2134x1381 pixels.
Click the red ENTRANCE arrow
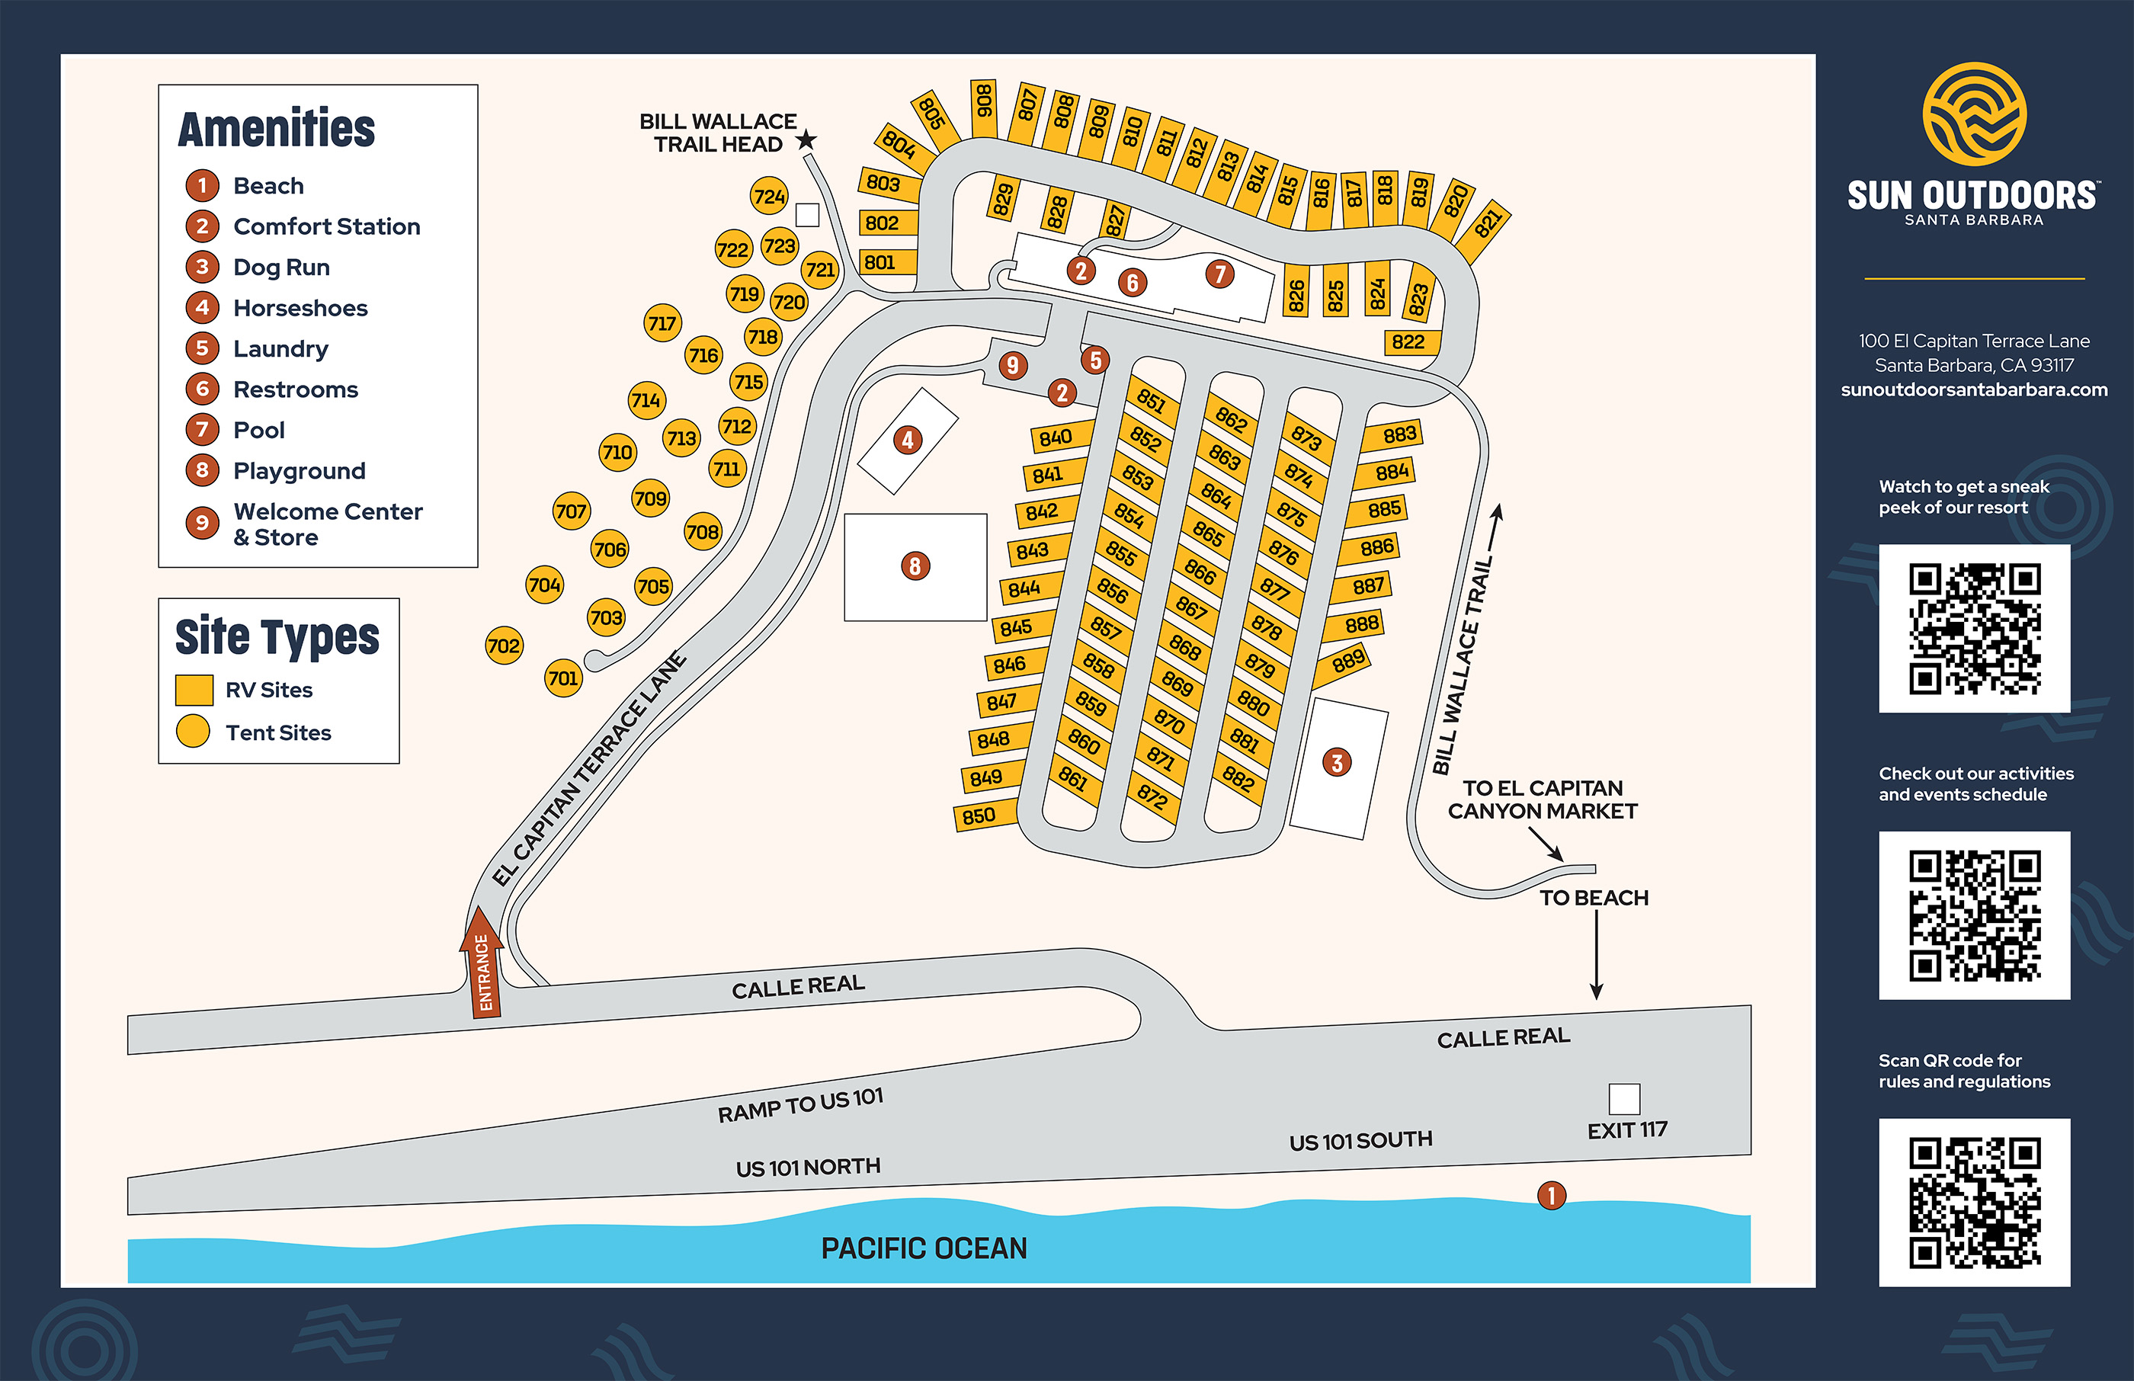tap(482, 964)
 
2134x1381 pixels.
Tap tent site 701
tap(563, 678)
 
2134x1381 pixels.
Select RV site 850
tap(980, 816)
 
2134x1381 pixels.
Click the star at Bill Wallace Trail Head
tap(806, 140)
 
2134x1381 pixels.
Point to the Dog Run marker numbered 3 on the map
tap(1337, 763)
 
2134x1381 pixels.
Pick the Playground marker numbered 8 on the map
tap(915, 566)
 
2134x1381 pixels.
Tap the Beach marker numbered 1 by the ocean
tap(1551, 1195)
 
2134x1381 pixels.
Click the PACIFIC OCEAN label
tap(924, 1248)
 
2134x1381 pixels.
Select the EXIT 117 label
tap(1626, 1130)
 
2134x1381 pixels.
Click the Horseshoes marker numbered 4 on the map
tap(908, 440)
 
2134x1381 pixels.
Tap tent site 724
tap(769, 197)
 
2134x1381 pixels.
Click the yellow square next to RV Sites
tap(194, 690)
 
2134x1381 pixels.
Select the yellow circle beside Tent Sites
tap(193, 732)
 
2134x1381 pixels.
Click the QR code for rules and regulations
tap(1975, 1202)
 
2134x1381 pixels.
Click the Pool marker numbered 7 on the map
tap(1219, 274)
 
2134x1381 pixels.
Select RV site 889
tap(1347, 662)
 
